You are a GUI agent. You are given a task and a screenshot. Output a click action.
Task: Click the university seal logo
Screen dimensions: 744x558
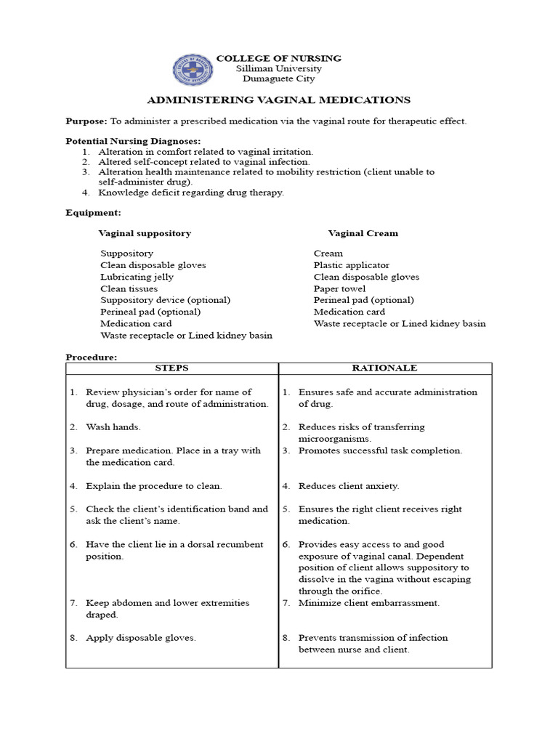pos(193,70)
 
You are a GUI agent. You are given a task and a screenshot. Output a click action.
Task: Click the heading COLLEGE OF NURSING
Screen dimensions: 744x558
pos(279,58)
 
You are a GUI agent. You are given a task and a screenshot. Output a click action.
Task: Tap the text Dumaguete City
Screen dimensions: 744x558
pos(279,79)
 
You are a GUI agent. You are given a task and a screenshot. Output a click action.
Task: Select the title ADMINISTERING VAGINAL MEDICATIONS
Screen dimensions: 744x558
pos(279,100)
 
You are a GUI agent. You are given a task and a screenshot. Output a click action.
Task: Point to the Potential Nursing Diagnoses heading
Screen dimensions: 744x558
pos(133,141)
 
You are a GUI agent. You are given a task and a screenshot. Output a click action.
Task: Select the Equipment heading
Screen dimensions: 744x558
pos(93,213)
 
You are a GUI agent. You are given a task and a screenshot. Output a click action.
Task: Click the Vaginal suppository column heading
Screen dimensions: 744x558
pos(145,233)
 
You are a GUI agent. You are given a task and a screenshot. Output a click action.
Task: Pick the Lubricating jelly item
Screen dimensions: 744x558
pos(137,277)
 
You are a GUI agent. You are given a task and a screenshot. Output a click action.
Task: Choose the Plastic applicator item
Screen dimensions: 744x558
pos(351,265)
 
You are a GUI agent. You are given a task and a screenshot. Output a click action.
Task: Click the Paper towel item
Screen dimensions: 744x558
pos(339,288)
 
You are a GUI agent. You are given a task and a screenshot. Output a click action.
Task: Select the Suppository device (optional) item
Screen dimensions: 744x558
pos(165,300)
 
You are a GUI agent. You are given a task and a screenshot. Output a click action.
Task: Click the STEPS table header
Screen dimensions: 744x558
pos(171,368)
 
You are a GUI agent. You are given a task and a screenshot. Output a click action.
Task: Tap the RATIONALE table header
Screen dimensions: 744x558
pos(384,368)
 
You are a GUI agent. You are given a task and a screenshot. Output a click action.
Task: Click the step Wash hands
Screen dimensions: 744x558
pos(113,427)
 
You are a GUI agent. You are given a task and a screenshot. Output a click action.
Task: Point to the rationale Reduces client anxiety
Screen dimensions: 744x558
pos(348,486)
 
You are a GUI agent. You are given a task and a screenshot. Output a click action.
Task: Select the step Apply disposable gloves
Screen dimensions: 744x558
pos(140,638)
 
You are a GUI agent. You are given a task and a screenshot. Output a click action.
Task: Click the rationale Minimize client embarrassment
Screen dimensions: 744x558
pos(368,603)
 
